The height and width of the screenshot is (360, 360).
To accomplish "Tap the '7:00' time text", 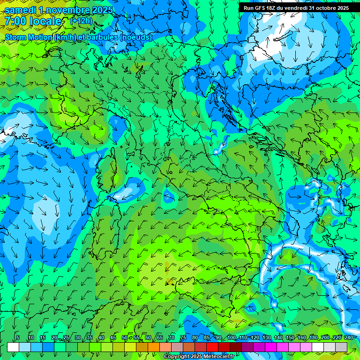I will [x=15, y=21].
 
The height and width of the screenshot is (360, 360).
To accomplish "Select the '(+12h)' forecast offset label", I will [x=81, y=21].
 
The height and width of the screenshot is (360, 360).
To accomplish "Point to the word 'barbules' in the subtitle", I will [x=100, y=37].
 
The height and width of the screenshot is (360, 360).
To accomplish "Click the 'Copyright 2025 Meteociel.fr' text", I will [x=199, y=357].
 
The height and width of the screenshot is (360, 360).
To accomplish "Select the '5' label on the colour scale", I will [x=18, y=338].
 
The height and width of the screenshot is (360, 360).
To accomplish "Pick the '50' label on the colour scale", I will [x=125, y=338].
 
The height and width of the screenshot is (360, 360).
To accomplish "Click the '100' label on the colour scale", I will [x=232, y=338].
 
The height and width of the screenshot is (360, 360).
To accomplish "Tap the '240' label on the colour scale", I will [x=348, y=338].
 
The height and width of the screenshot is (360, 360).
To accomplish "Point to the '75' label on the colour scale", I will [x=183, y=338].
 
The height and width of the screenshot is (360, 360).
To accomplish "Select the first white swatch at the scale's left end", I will [x=13, y=347].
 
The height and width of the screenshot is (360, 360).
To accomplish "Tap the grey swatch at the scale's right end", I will [x=341, y=347].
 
